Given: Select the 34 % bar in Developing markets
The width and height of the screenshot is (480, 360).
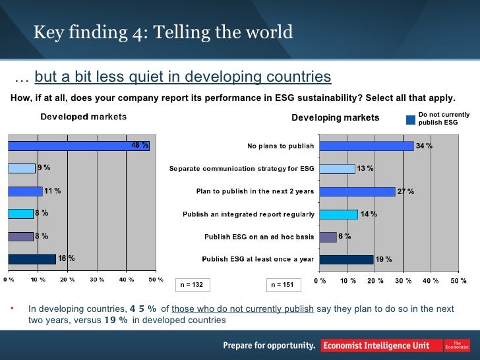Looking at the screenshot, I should click(x=367, y=146).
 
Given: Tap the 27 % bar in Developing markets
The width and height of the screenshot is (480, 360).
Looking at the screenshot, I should click(x=357, y=191).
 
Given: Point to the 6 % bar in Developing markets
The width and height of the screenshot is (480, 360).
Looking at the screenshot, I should click(x=328, y=237).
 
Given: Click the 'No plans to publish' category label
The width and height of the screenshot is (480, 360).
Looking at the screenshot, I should click(x=280, y=146).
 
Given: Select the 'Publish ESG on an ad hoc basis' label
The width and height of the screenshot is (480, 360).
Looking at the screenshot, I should click(x=259, y=237).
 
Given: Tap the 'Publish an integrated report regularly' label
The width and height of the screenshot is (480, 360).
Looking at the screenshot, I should click(x=248, y=214).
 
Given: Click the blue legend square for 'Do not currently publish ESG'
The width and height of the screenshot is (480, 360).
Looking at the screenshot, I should click(x=411, y=119).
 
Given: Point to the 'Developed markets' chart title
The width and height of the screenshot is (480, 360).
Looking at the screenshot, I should click(x=84, y=117).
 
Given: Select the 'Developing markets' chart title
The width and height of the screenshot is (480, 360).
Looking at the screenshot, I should click(x=335, y=118).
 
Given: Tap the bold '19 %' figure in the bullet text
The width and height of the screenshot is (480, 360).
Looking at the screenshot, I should click(x=116, y=320).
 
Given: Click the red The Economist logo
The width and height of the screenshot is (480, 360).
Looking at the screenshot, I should click(x=456, y=345).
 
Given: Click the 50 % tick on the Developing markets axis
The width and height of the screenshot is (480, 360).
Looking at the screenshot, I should click(x=458, y=282).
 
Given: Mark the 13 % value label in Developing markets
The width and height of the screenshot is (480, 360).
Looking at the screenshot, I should click(x=365, y=169).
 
